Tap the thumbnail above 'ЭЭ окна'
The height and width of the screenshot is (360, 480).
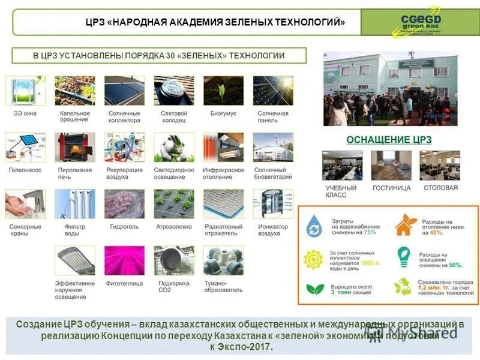pyautogui.click(x=25, y=91)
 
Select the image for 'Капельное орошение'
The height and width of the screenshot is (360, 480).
pyautogui.click(x=75, y=91)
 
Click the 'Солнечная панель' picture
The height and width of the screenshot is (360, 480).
pyautogui.click(x=273, y=91)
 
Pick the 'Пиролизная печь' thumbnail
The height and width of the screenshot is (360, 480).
pyautogui.click(x=75, y=148)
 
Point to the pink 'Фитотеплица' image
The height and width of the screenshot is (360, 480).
pyautogui.click(x=124, y=260)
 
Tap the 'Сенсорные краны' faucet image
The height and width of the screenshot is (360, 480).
pyautogui.click(x=25, y=204)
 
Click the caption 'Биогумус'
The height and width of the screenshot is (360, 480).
pyautogui.click(x=223, y=113)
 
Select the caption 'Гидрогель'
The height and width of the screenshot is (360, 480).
pyautogui.click(x=124, y=227)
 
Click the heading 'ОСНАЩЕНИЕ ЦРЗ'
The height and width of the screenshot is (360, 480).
pyautogui.click(x=389, y=140)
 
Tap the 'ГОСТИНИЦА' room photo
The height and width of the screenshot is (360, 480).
pyautogui.click(x=391, y=166)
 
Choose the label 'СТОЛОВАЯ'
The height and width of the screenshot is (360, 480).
pyautogui.click(x=440, y=188)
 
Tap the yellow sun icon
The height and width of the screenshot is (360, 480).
pyautogui.click(x=314, y=259)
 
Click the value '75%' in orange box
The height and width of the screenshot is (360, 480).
pyautogui.click(x=370, y=232)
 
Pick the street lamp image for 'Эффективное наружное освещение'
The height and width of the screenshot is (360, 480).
pyautogui.click(x=75, y=260)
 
